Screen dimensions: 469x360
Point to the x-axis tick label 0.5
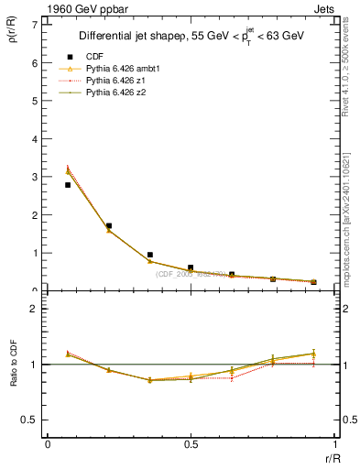tap(191, 444)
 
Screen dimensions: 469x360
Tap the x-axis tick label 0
tap(48, 444)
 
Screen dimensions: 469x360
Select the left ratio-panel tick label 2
tap(34, 309)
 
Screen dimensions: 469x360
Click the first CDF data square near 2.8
tap(68, 185)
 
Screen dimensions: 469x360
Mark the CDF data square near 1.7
tap(109, 225)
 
